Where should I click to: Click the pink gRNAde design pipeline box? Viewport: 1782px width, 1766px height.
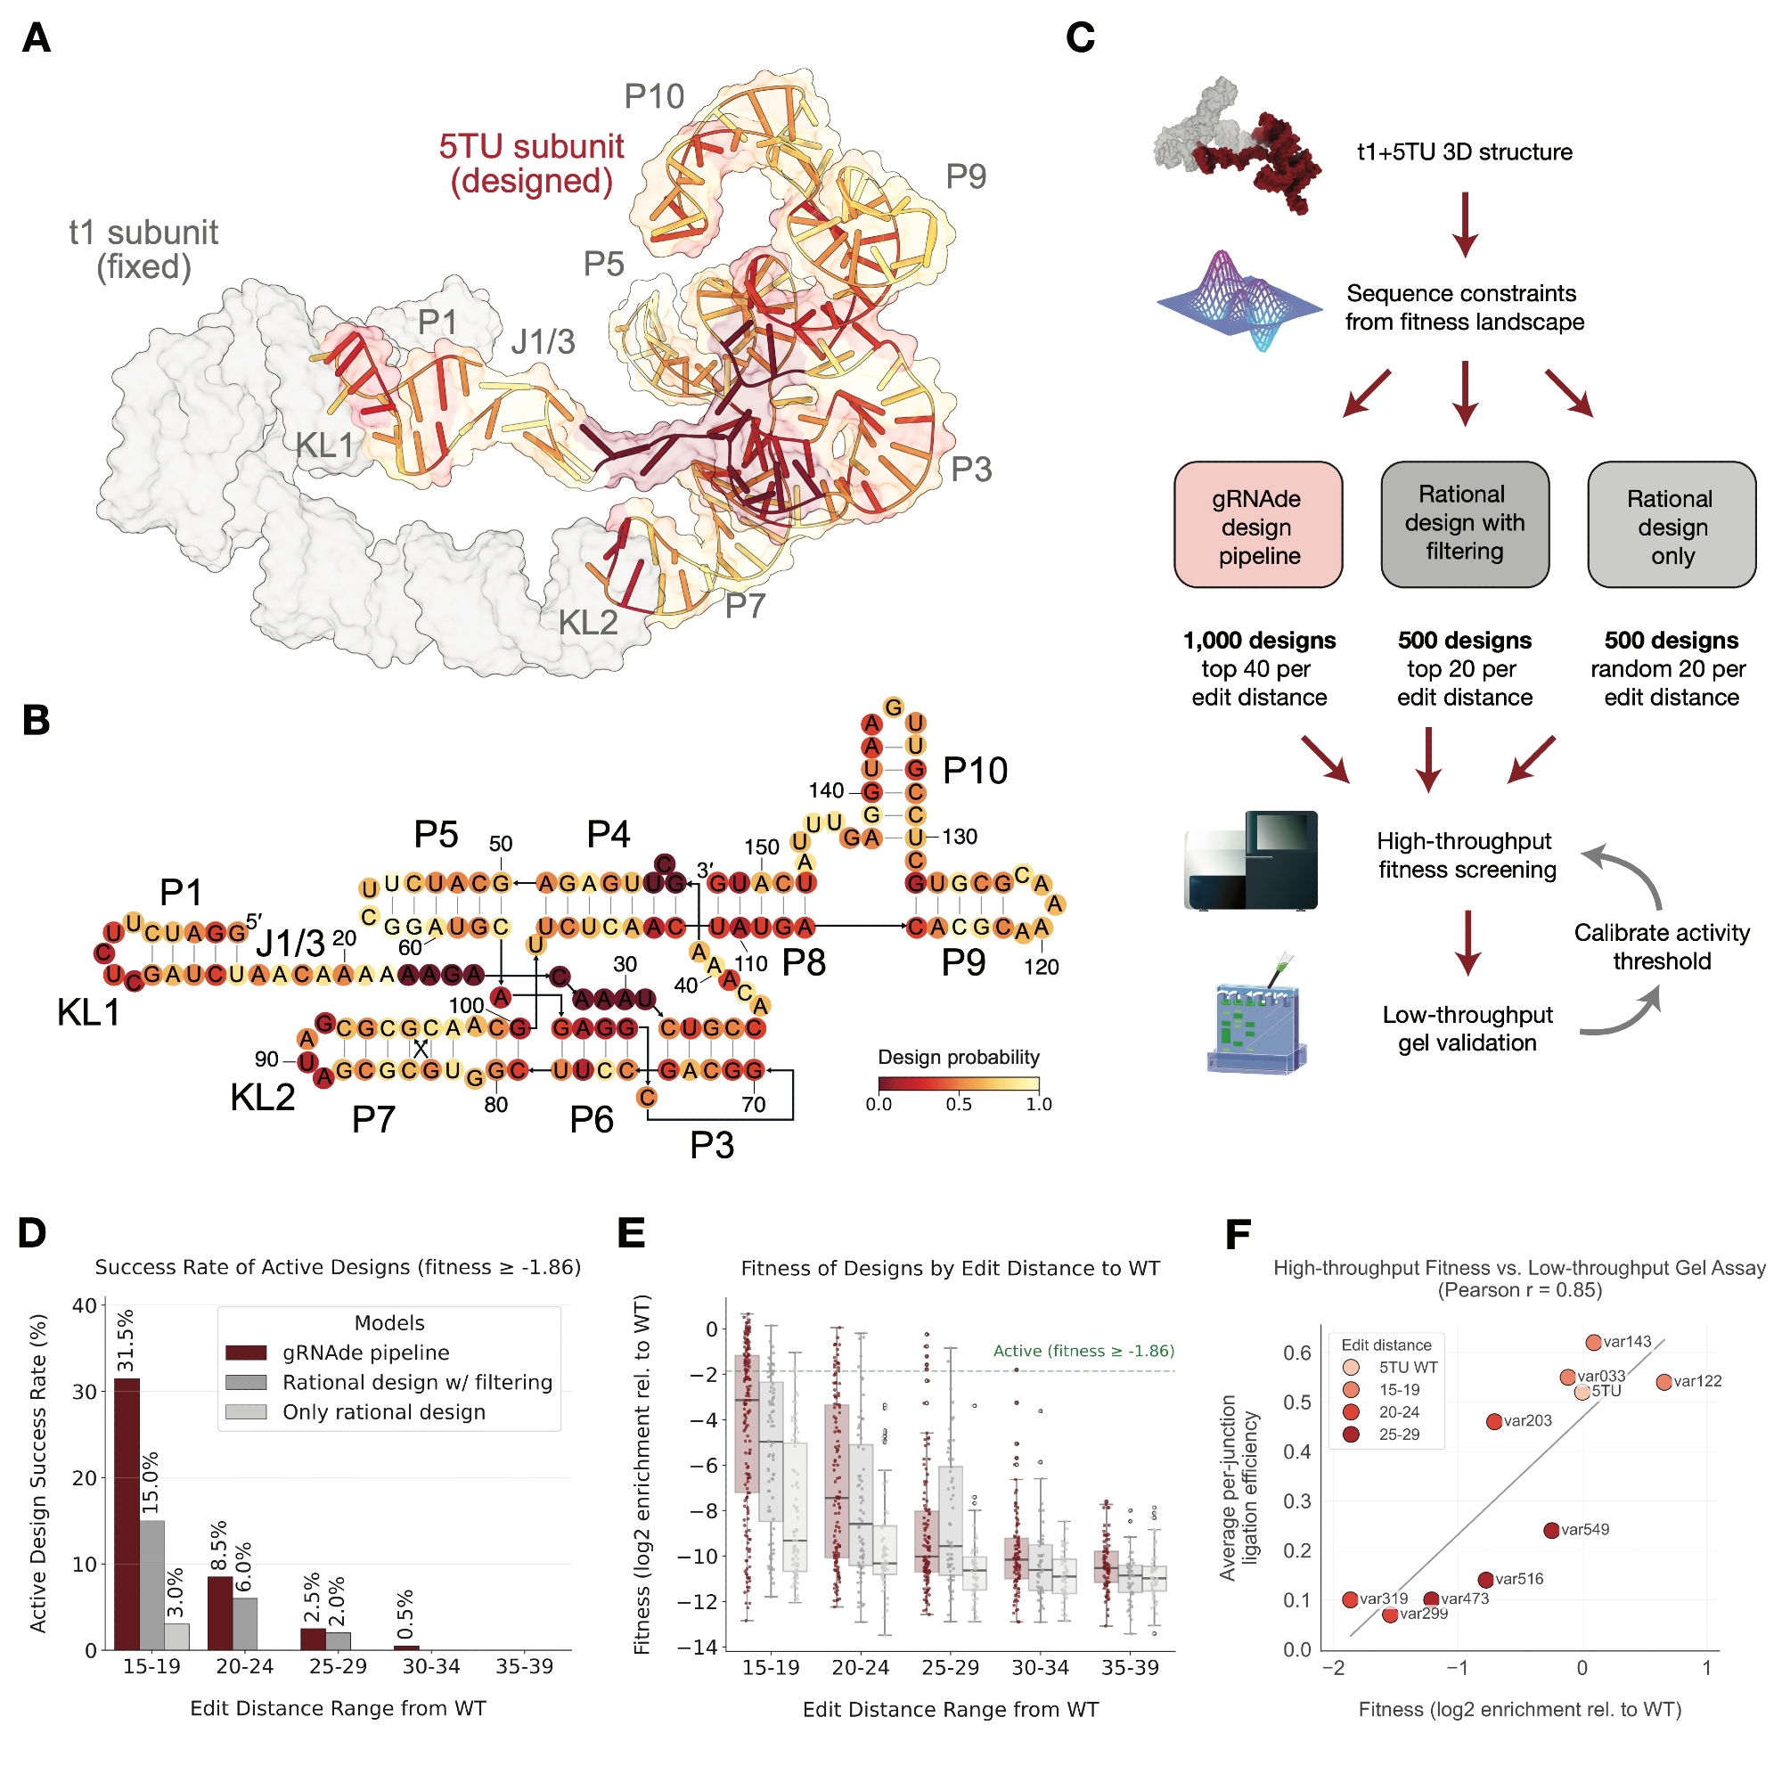tap(1257, 525)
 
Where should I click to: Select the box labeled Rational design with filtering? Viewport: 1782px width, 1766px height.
tap(1464, 524)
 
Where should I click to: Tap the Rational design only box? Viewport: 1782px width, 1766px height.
tap(1671, 525)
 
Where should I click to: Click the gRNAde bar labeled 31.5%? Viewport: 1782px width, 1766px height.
tap(127, 1512)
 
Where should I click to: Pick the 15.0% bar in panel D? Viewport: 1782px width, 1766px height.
tap(152, 1583)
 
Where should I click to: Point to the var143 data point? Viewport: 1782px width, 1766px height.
tap(1593, 1342)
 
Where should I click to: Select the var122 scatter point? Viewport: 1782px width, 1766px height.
tap(1663, 1381)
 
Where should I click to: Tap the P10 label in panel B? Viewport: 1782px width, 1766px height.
tap(974, 771)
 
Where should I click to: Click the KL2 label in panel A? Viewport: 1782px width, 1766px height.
tap(587, 624)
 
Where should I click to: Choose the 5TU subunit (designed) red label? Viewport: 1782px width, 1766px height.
tap(531, 163)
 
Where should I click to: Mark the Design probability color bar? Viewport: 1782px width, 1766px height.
tap(959, 1083)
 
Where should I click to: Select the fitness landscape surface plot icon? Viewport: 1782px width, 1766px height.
tap(1238, 300)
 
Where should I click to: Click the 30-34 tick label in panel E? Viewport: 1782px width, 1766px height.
tap(1040, 1666)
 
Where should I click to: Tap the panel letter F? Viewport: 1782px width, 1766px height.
tap(1237, 1234)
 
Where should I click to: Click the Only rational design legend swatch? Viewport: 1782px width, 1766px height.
tap(245, 1412)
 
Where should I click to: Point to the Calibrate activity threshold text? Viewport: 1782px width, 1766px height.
tap(1661, 946)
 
